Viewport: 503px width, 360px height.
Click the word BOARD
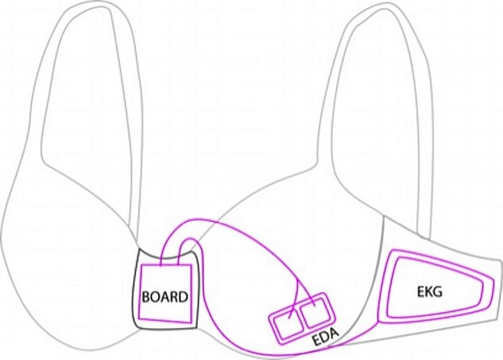(x=165, y=297)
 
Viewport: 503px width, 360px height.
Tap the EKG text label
(x=430, y=291)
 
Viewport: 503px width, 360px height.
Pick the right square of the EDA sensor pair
(x=314, y=311)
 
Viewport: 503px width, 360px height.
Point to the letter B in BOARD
(x=145, y=297)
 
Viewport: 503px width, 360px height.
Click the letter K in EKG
(x=429, y=291)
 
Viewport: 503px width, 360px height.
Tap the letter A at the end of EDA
(x=335, y=334)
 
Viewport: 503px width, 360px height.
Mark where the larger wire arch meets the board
(x=161, y=265)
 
